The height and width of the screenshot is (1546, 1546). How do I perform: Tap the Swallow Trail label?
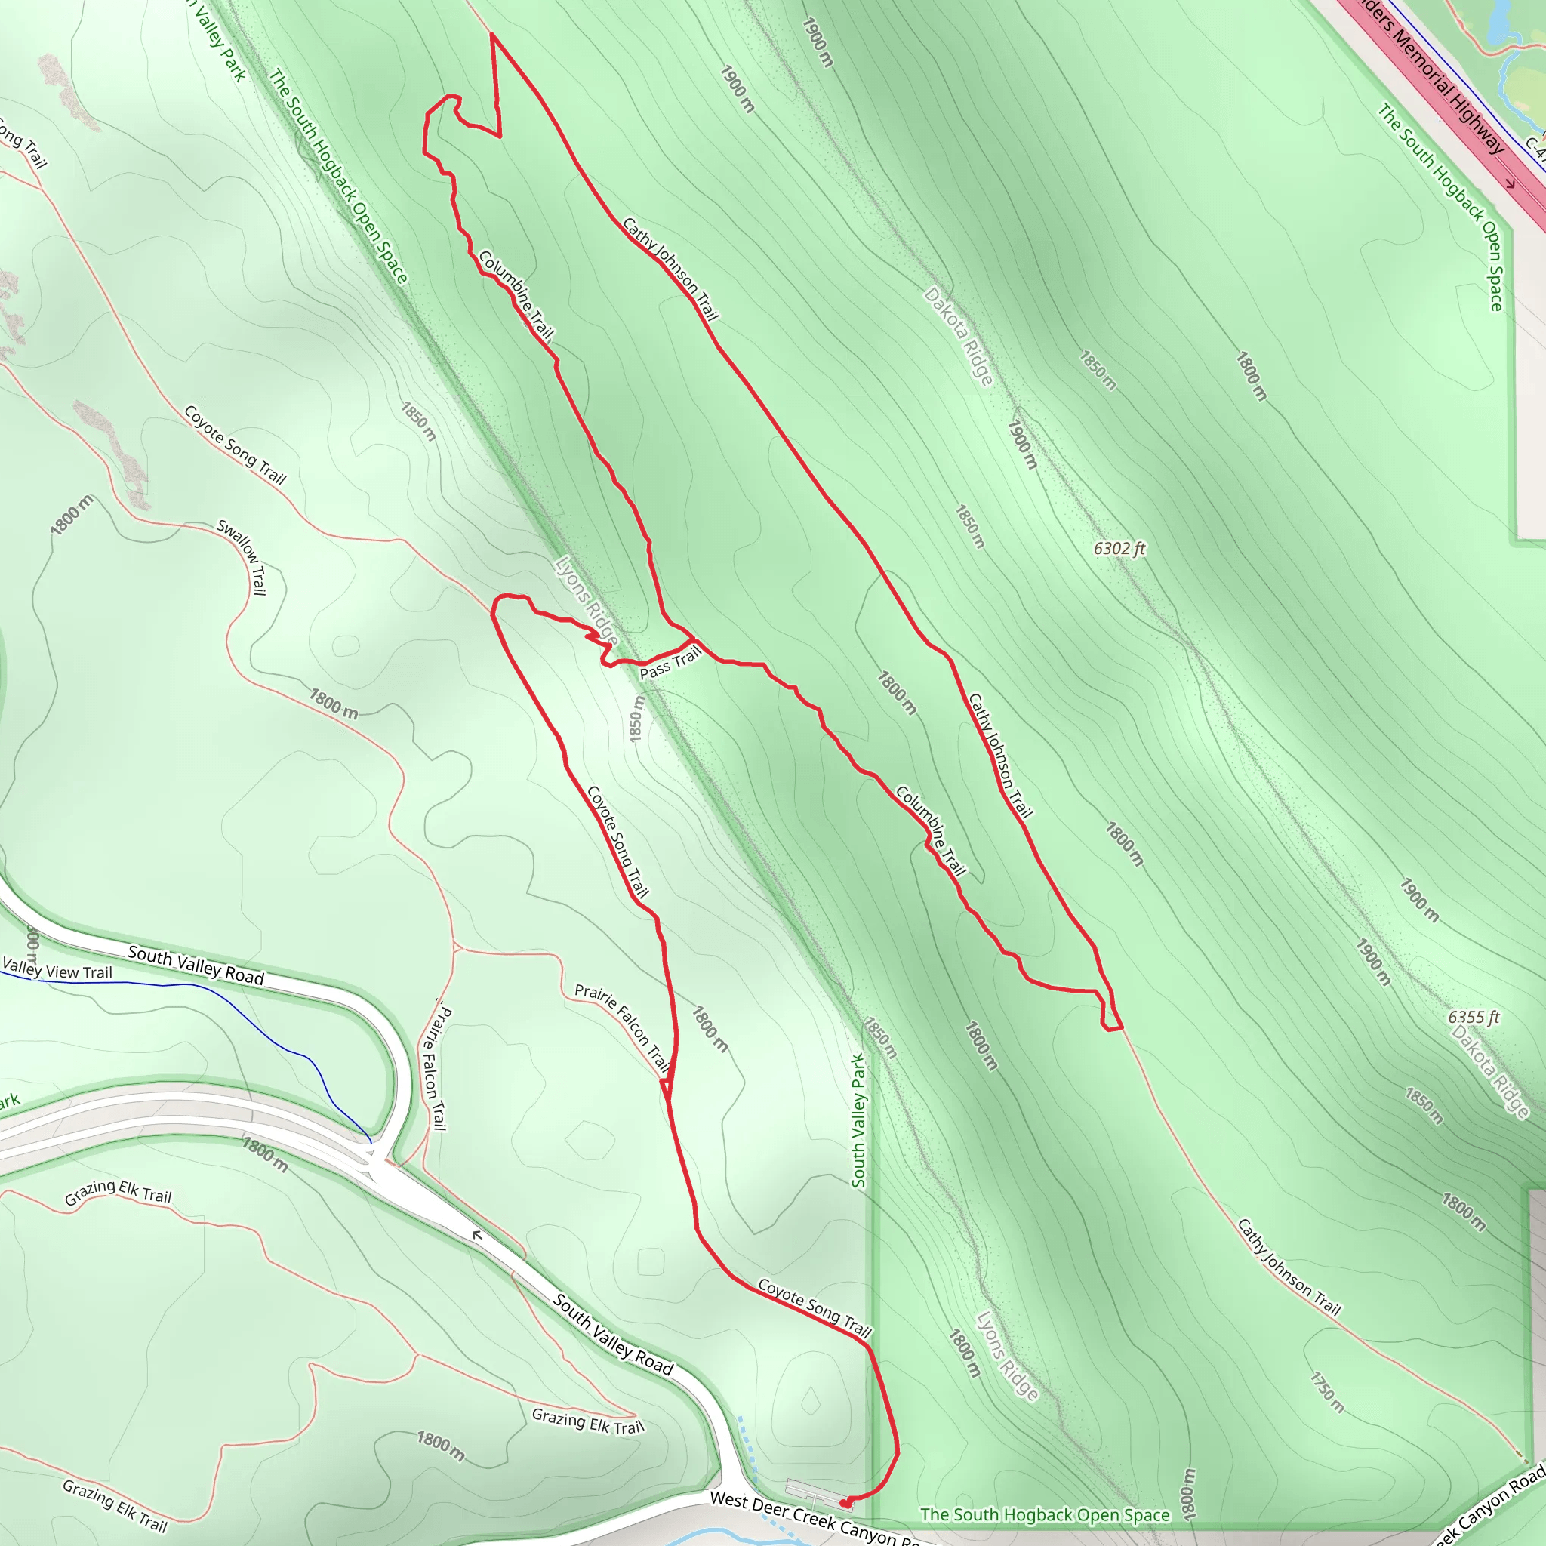point(242,558)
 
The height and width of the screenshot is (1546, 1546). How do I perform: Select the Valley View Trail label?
point(57,969)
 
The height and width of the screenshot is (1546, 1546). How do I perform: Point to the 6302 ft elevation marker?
point(1119,549)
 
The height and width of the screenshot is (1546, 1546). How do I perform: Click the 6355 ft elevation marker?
point(1474,1017)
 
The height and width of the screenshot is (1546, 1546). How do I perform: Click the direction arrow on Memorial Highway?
point(1510,183)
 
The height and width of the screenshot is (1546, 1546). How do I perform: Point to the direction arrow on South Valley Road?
point(478,1236)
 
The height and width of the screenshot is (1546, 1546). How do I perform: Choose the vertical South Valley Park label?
point(858,1120)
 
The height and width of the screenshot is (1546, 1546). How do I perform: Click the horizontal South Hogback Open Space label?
point(1044,1515)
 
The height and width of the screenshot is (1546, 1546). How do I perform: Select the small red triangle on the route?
point(666,1089)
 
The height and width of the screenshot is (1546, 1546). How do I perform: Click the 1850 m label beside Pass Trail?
point(636,718)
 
